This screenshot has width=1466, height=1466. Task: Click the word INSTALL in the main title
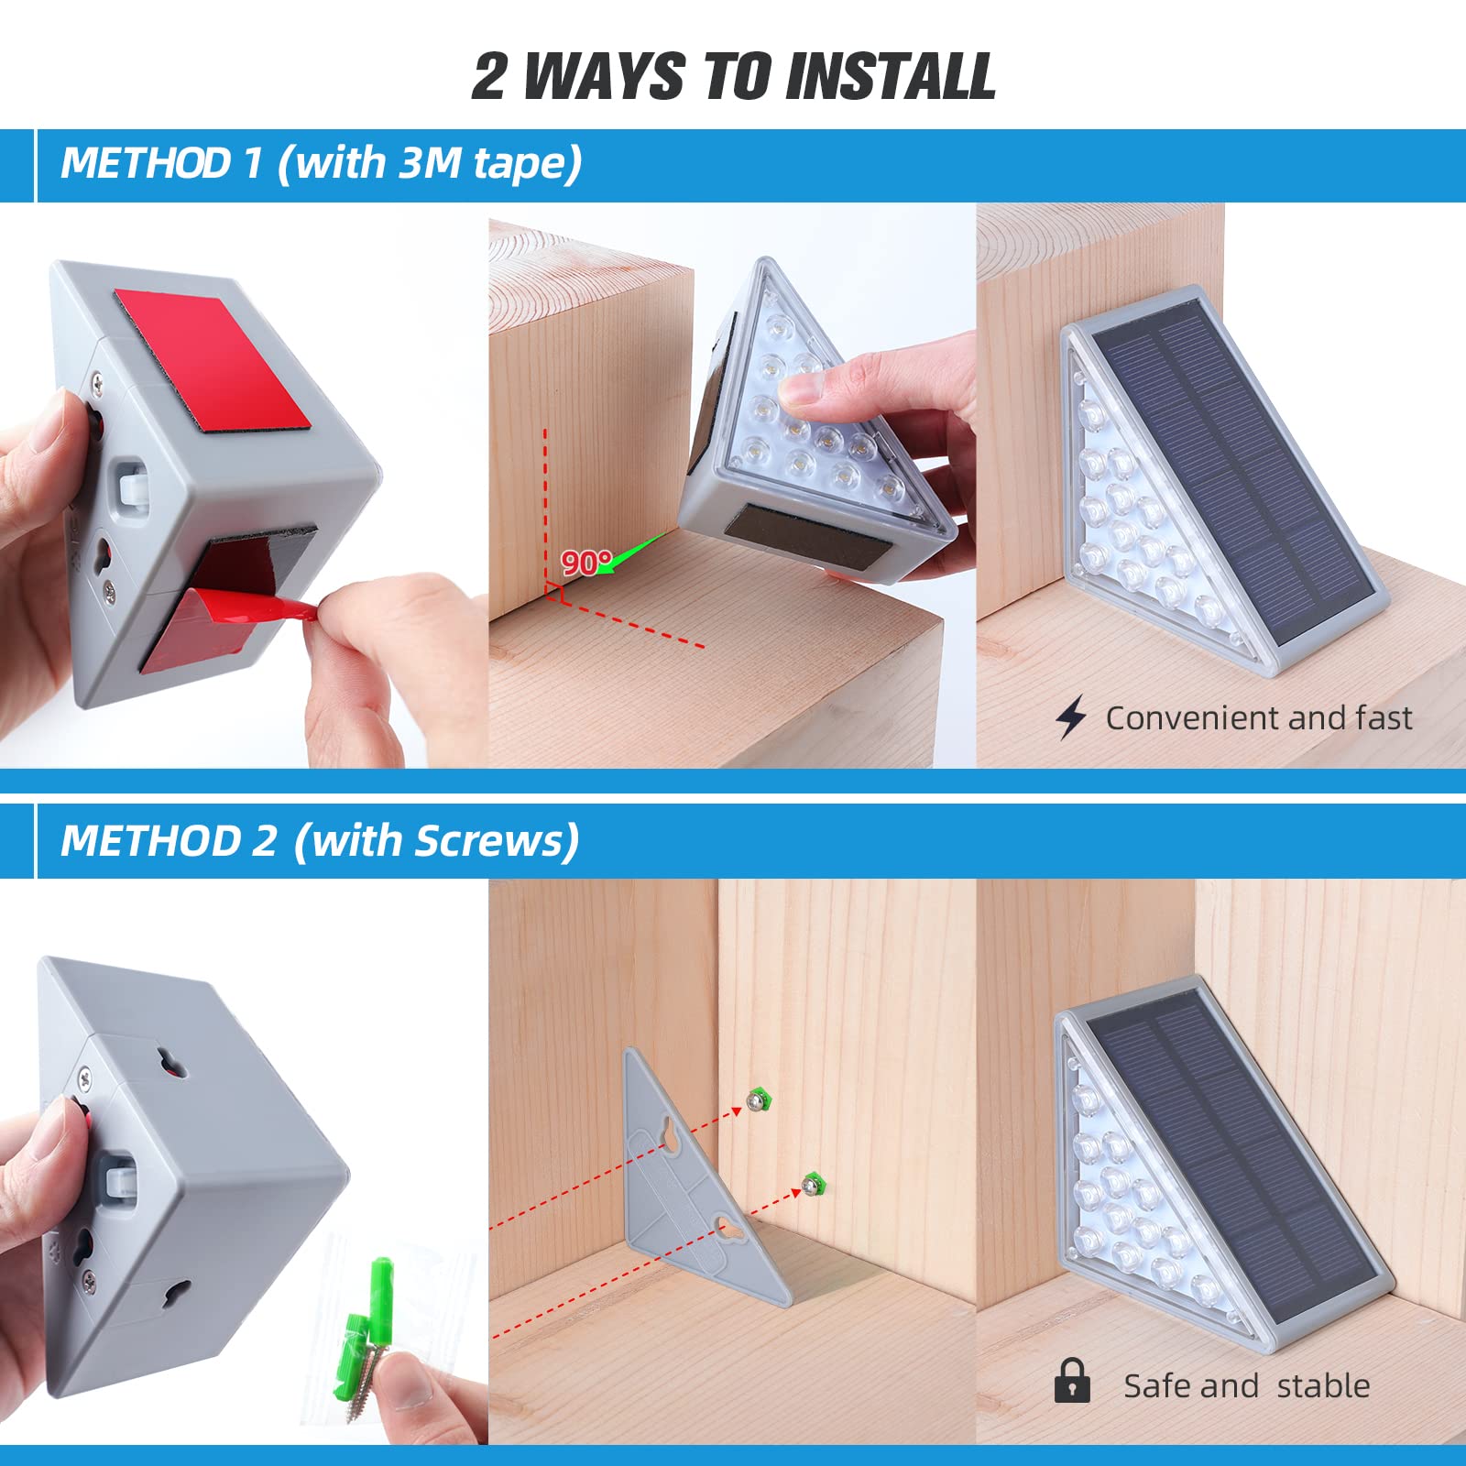(x=890, y=75)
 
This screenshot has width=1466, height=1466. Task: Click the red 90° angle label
(x=586, y=562)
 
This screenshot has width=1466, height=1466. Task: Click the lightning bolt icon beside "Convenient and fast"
(x=1071, y=717)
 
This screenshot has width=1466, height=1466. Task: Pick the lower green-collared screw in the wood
(x=812, y=1185)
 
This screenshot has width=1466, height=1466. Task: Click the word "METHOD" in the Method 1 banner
(x=146, y=163)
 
